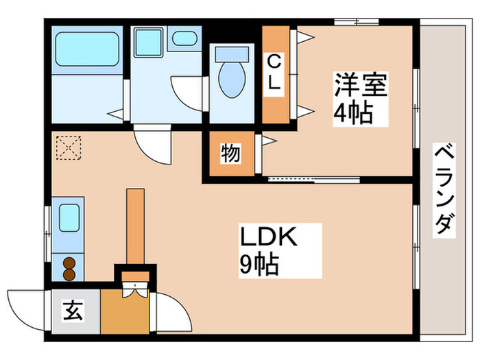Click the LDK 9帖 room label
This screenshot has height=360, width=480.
click(267, 250)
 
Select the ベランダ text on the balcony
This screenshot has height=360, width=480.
click(444, 189)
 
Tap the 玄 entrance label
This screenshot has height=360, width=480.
click(73, 311)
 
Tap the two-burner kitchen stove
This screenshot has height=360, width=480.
click(69, 267)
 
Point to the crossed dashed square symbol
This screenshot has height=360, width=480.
click(69, 147)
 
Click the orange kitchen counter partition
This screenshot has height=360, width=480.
click(134, 226)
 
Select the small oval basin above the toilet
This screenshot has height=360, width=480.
click(183, 38)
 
